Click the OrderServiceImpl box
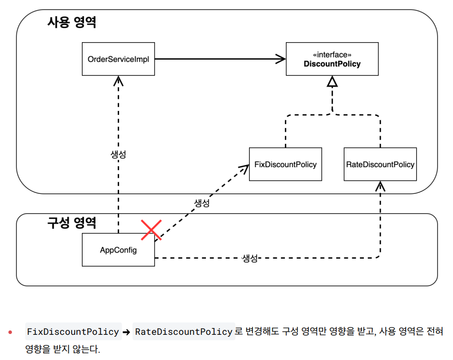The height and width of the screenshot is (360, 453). pyautogui.click(x=118, y=59)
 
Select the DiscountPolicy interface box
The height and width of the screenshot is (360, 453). pyautogui.click(x=332, y=59)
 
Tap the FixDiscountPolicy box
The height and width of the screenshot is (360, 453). pyautogui.click(x=285, y=164)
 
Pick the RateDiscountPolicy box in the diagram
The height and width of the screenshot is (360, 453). pyautogui.click(x=380, y=164)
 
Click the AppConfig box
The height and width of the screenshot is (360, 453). pyautogui.click(x=118, y=250)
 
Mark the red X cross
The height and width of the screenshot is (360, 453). pyautogui.click(x=151, y=230)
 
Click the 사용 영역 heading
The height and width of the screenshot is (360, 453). pyautogui.click(x=72, y=22)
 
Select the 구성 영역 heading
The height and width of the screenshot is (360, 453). pyautogui.click(x=72, y=223)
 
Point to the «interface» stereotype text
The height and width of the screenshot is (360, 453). pyautogui.click(x=332, y=55)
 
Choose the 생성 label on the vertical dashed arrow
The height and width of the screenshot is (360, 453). pyautogui.click(x=118, y=155)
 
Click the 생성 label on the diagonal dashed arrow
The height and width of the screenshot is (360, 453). pyautogui.click(x=202, y=203)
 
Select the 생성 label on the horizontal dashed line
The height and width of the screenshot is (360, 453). pyautogui.click(x=250, y=258)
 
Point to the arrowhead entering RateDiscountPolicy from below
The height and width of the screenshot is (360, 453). pyautogui.click(x=380, y=186)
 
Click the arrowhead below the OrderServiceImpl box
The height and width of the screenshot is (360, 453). pyautogui.click(x=118, y=80)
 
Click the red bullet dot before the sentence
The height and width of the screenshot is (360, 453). pyautogui.click(x=10, y=332)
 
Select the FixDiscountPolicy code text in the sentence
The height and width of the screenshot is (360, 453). pyautogui.click(x=73, y=332)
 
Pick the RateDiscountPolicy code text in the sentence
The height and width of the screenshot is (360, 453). pyautogui.click(x=184, y=332)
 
